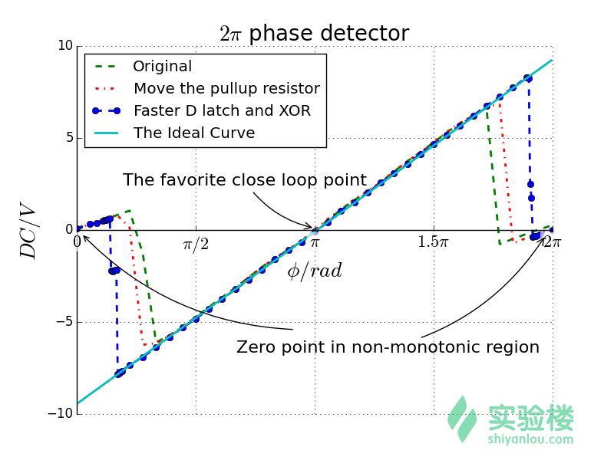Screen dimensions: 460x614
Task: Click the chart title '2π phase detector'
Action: [314, 34]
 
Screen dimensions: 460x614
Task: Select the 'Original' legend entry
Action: [162, 67]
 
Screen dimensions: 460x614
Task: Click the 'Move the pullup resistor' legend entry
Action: [226, 89]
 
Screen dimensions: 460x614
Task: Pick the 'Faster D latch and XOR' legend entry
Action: [222, 110]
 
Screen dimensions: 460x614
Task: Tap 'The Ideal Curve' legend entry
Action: [193, 133]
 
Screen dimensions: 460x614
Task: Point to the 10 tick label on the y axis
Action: [64, 46]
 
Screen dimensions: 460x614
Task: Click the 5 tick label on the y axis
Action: [68, 138]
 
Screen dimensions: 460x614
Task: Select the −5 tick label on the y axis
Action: [63, 322]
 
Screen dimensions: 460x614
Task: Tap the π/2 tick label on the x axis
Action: [196, 244]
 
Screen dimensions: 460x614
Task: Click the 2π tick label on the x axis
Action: [551, 242]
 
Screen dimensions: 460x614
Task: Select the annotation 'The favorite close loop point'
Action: [244, 180]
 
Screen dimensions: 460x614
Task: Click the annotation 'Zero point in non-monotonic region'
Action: [388, 347]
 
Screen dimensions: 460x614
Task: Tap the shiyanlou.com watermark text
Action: [530, 439]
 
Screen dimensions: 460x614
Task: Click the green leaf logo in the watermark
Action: [462, 418]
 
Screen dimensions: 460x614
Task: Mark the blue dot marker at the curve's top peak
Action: [527, 78]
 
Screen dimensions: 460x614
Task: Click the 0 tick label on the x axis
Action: [77, 242]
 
